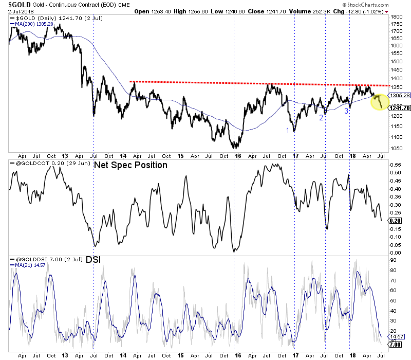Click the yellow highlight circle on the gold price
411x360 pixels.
pyautogui.click(x=380, y=101)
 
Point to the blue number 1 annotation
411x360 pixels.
pyautogui.click(x=288, y=131)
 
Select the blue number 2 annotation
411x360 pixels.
pyautogui.click(x=321, y=118)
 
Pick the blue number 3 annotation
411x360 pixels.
pyautogui.click(x=346, y=111)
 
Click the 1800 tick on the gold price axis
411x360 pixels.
pyautogui.click(x=396, y=17)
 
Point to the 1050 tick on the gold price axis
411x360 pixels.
pyautogui.click(x=396, y=149)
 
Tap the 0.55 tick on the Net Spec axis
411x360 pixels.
pyautogui.click(x=395, y=165)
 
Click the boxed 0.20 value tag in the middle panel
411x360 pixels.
pyautogui.click(x=396, y=220)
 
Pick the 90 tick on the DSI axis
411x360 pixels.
pyautogui.click(x=393, y=261)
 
